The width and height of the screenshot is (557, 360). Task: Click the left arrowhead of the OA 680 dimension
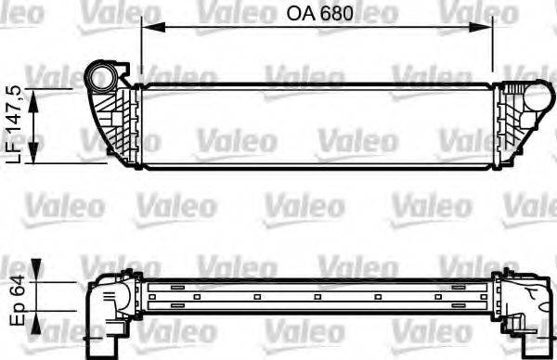[x=147, y=27]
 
